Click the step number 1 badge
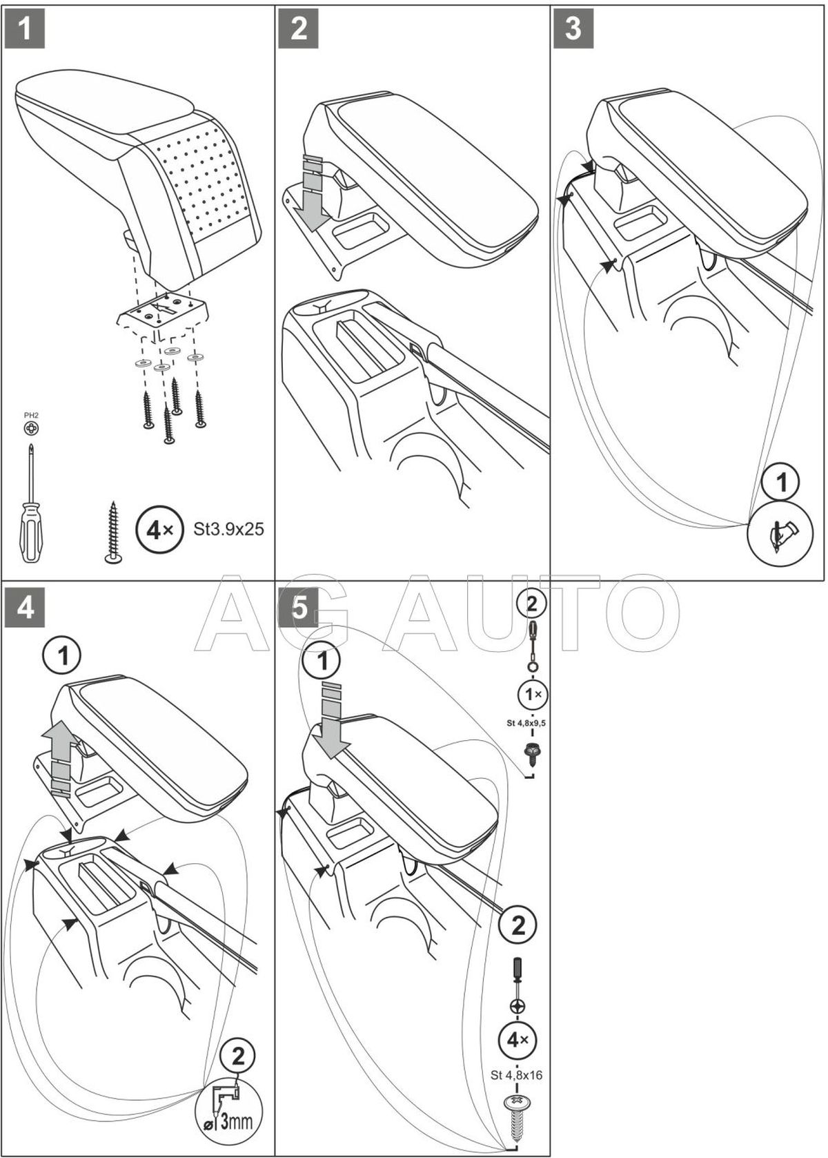(x=25, y=30)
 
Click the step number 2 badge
(x=299, y=30)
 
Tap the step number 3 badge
(x=573, y=30)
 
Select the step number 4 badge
(x=25, y=610)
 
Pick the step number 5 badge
(x=299, y=610)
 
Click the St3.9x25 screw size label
(x=224, y=530)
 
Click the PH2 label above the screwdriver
(x=30, y=416)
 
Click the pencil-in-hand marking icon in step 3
(x=782, y=533)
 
